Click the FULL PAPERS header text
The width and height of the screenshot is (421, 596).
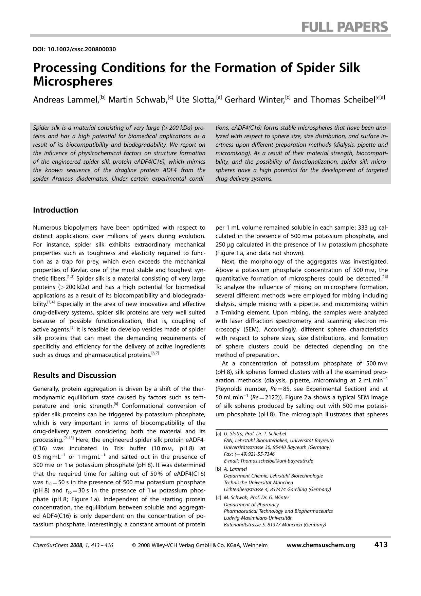click(x=344, y=26)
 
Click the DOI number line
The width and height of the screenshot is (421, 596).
click(x=74, y=49)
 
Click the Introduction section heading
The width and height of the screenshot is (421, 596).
click(x=56, y=210)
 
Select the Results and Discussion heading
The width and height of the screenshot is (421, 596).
click(x=74, y=375)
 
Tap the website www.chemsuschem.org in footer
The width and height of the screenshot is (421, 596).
click(x=321, y=545)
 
